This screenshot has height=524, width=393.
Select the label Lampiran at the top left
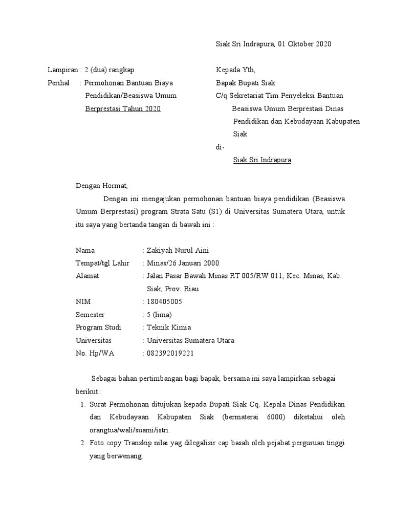coord(61,70)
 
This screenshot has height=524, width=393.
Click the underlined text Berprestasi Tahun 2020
coord(123,108)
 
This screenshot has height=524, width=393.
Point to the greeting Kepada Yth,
coord(236,70)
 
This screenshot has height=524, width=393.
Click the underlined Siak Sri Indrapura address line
coord(262,160)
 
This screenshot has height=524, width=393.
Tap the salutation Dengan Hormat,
coord(101,186)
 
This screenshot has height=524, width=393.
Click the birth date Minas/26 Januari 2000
coord(183,263)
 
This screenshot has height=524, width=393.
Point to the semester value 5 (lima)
coord(159,315)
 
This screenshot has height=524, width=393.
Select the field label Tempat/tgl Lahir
coord(102,263)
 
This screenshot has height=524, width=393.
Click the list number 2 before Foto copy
coord(83,443)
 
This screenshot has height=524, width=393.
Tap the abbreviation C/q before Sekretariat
coord(222,96)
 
